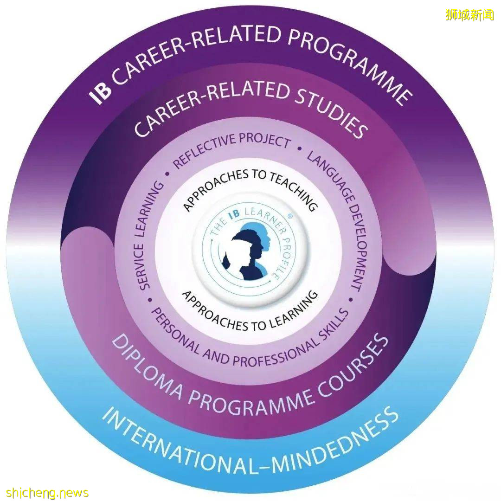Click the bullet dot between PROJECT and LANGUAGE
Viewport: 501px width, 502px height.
[x=299, y=150]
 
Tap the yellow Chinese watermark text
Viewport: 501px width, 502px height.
[x=469, y=15]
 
